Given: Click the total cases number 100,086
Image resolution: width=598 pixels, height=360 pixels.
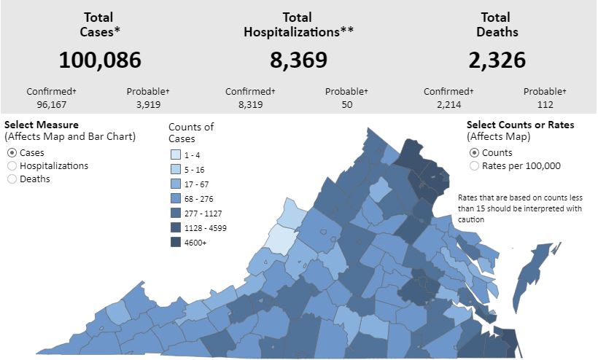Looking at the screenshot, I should coord(100,60).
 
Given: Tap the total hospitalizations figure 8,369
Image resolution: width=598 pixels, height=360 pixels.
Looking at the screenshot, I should coord(298,60).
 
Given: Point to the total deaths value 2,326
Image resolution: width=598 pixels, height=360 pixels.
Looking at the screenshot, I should coord(497,60).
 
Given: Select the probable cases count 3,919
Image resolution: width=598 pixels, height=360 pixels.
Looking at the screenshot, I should coord(148,104).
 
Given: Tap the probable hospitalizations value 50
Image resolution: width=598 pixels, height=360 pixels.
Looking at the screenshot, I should coord(346,104).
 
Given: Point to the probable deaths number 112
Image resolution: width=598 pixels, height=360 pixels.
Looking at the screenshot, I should coord(545,104).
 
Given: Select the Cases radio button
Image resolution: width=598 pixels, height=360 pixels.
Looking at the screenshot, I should coord(12,152).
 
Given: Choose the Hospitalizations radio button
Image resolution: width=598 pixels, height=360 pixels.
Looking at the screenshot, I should coord(12,165).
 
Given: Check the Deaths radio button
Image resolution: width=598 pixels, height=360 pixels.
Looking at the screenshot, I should coord(12,179).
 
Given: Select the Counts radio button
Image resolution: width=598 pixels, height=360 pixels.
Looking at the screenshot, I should coord(475,152).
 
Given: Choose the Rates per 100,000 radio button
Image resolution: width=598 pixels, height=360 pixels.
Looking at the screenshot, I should coord(475,165).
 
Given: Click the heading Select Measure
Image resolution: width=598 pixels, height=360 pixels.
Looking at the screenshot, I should coord(42,125).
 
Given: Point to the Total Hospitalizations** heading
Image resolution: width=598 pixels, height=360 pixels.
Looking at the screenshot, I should coord(298,24).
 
